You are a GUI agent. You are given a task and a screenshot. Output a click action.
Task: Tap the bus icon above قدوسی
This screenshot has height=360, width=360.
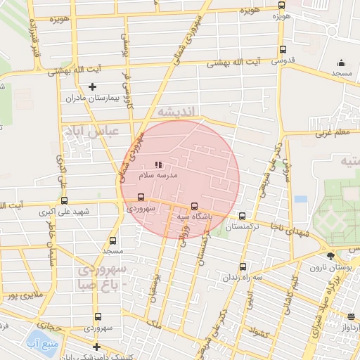click(x=283, y=49)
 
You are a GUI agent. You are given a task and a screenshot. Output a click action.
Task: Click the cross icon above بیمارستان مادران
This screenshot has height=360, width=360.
click(x=92, y=87)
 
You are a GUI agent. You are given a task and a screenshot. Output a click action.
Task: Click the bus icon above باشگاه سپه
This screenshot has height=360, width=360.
click(x=195, y=207)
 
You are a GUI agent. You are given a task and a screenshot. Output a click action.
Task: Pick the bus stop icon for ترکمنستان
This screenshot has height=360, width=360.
click(x=242, y=217)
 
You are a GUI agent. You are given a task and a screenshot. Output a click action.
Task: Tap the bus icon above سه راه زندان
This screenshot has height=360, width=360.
click(x=243, y=267)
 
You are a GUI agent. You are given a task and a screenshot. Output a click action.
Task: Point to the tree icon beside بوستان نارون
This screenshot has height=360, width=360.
click(x=330, y=255)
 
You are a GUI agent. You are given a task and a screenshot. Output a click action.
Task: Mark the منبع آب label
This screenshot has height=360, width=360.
click(x=41, y=342)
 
